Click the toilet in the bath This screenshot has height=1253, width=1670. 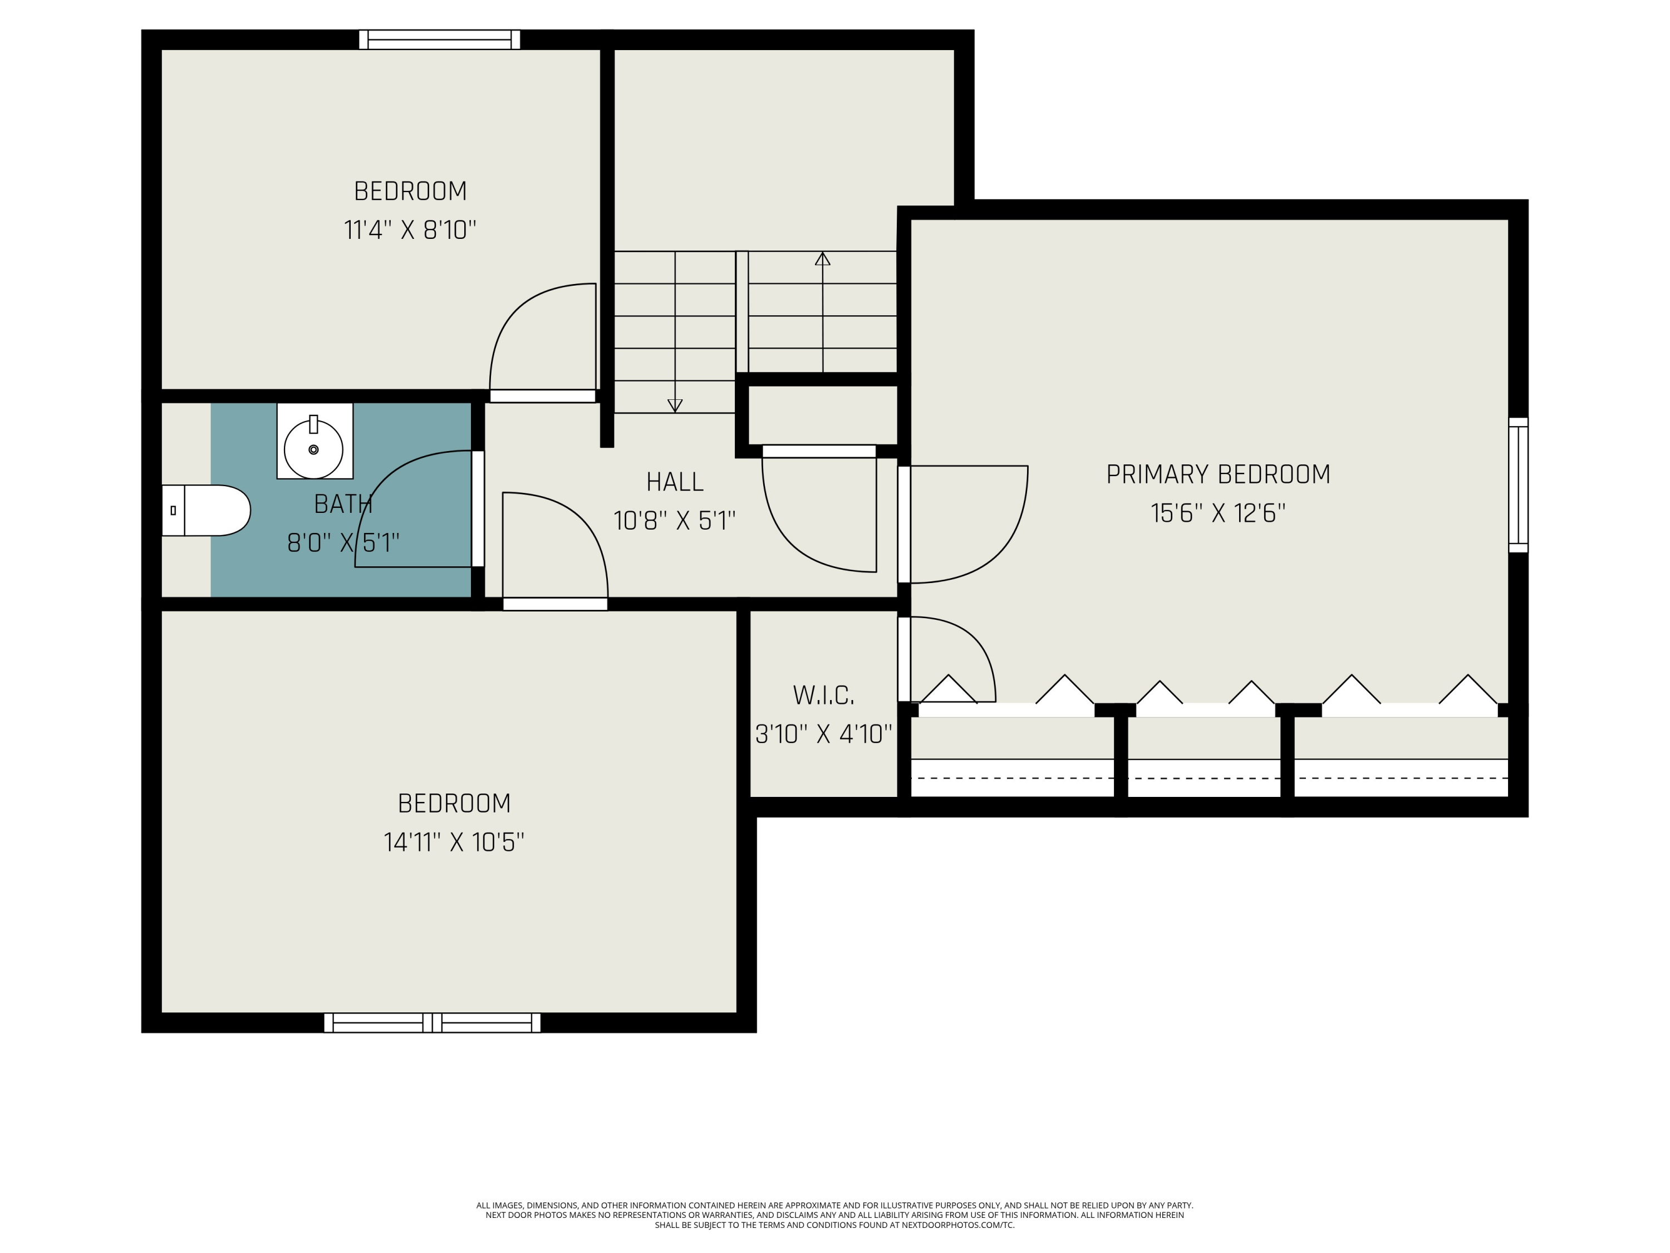206,511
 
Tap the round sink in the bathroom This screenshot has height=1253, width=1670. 313,449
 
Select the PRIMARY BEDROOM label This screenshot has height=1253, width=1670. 1218,474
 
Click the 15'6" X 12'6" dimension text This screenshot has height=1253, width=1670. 1218,513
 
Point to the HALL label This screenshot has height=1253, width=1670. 675,482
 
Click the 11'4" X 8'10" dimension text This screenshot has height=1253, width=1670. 410,229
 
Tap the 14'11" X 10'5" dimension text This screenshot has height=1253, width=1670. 454,842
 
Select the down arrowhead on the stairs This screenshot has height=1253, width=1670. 675,405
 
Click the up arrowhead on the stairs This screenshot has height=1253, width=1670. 822,258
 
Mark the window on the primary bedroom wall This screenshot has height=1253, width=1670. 1518,485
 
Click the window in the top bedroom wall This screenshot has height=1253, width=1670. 439,40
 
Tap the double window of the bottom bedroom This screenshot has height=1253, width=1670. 433,1022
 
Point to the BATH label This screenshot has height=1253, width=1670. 343,504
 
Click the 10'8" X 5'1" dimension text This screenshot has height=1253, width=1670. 675,521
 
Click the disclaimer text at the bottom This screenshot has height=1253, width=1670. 834,1215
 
